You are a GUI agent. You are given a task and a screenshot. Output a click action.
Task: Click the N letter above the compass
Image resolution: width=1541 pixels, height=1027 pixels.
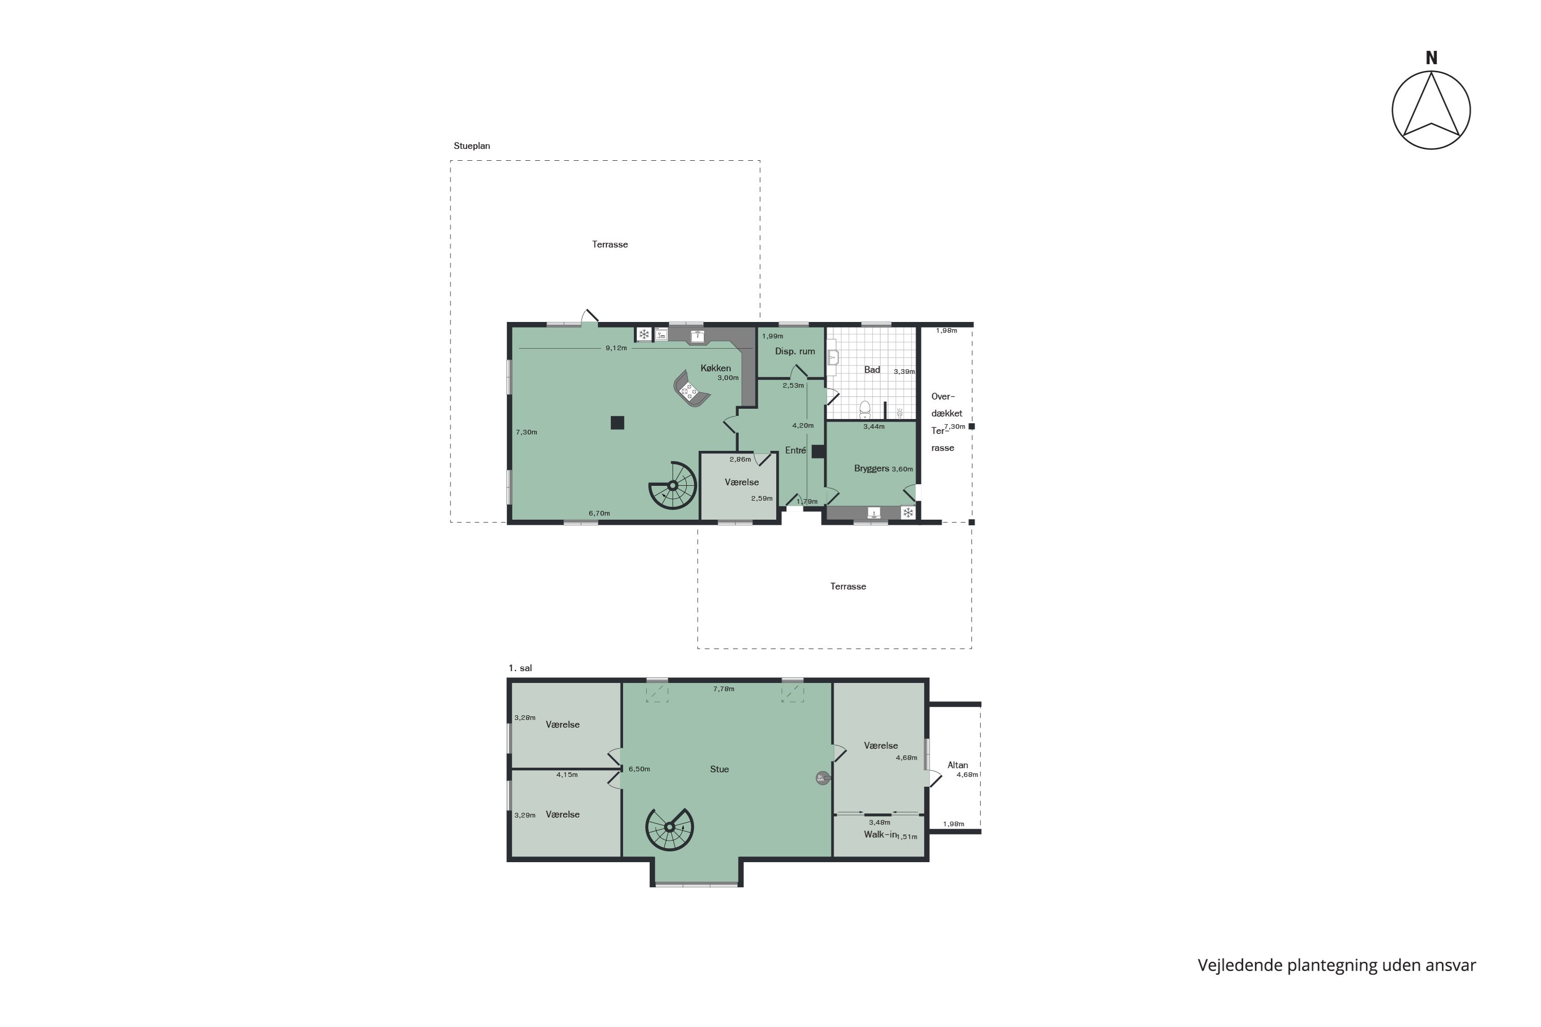[x=1431, y=59]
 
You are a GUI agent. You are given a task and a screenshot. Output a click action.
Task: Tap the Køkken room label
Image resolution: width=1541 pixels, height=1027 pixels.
[x=716, y=368]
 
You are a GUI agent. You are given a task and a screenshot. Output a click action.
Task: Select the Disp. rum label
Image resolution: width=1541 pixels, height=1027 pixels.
[x=795, y=351]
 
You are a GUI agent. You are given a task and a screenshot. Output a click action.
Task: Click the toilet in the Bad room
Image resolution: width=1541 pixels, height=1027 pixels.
[x=865, y=409]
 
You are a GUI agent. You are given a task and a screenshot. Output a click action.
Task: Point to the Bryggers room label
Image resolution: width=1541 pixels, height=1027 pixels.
[x=871, y=468]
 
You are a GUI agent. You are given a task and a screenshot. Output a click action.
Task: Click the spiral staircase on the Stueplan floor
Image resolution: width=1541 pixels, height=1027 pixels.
[x=673, y=485]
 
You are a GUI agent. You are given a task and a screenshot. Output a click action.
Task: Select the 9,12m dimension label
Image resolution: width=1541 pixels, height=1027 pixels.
[x=616, y=348]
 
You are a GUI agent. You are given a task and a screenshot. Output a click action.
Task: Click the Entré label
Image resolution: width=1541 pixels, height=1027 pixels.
[x=795, y=451]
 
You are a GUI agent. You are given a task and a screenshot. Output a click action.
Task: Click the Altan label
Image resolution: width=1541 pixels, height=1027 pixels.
[x=957, y=765]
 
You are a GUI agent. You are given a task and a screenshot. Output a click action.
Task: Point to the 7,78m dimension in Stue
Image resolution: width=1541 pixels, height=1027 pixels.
[x=723, y=689]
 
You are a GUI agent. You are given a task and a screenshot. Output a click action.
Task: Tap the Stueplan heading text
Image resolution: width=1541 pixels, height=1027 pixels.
[x=472, y=146]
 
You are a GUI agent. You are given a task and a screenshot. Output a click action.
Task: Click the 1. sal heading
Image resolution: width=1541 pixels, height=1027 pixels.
[x=520, y=668]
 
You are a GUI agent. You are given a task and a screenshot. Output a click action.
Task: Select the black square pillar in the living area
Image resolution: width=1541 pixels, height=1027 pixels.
[x=617, y=423]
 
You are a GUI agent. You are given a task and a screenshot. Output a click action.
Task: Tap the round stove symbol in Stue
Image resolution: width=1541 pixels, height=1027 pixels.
[x=821, y=778]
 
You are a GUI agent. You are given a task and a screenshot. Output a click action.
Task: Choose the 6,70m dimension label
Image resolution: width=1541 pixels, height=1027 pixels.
[x=599, y=513]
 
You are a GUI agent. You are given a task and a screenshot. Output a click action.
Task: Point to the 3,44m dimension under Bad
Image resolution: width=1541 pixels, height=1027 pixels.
[x=873, y=426]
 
